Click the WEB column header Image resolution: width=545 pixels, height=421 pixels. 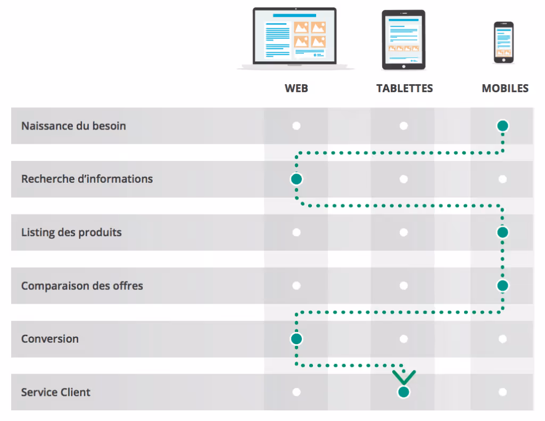296,88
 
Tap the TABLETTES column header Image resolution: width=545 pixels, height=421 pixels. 404,88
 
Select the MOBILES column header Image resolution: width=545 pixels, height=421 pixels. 505,88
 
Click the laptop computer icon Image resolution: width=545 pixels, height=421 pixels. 295,38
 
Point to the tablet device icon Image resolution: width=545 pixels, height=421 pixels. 403,40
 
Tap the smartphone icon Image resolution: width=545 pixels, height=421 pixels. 503,43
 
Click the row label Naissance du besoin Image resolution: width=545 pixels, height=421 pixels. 73,126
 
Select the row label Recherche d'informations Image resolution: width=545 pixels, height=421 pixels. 87,179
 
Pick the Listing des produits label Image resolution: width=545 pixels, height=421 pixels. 71,232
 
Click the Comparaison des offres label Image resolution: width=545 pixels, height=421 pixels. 82,286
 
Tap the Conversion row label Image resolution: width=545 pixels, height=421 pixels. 50,339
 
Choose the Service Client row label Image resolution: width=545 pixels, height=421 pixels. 56,392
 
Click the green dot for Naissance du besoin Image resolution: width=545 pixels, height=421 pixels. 502,126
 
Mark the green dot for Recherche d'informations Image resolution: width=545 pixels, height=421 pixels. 296,179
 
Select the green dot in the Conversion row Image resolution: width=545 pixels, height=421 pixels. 296,339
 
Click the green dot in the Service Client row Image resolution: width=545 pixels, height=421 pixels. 403,392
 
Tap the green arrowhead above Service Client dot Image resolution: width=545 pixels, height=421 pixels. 403,377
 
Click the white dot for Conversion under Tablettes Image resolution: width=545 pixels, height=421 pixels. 403,339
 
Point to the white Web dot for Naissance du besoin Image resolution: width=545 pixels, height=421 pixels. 296,126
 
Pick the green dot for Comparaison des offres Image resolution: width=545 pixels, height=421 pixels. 502,286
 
